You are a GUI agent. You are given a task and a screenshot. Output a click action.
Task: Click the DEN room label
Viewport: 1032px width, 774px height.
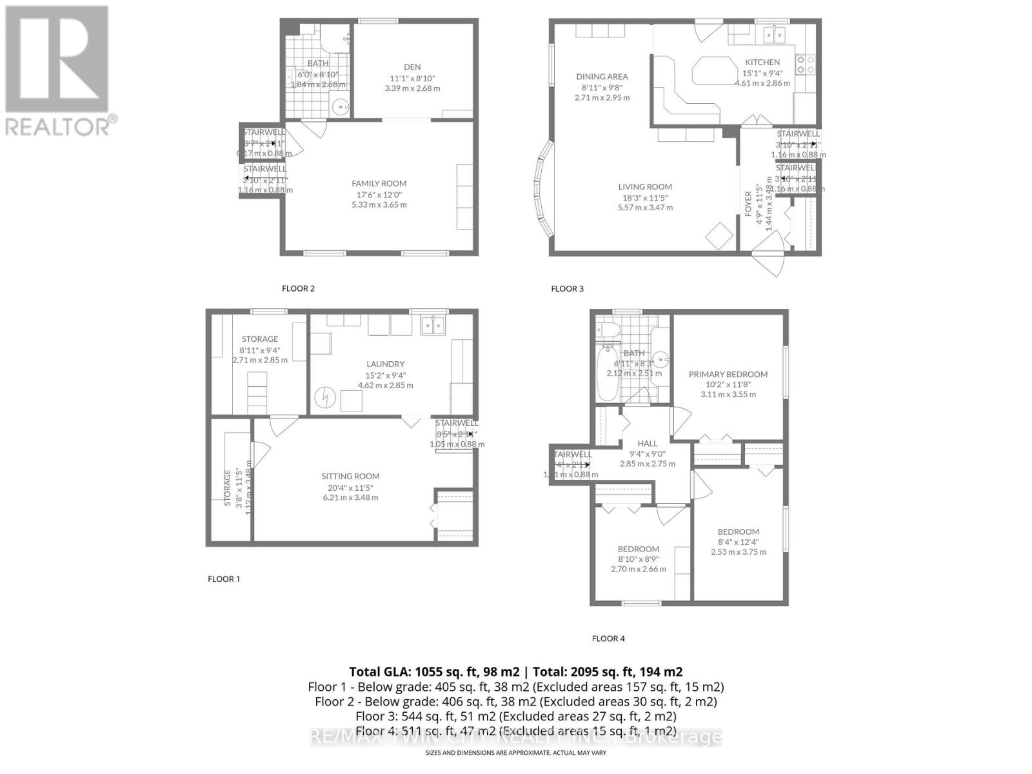coord(412,67)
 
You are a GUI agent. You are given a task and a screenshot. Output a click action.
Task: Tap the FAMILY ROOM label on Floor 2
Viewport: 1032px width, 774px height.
coord(379,184)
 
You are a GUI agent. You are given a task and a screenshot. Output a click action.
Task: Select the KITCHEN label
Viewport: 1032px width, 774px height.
coord(762,63)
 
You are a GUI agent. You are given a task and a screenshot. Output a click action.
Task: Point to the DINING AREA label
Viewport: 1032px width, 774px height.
coord(602,77)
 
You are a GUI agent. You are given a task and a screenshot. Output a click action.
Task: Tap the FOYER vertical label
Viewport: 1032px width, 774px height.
coord(748,204)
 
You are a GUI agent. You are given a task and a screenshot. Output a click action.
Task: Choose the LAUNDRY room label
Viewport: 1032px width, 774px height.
coord(386,364)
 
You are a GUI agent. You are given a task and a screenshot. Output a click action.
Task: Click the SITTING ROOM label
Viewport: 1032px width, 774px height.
coord(350,477)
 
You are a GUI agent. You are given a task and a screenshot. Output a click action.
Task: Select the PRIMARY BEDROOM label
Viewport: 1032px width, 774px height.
coord(728,374)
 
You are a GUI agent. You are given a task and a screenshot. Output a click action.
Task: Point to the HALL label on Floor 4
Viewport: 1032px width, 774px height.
coord(647,444)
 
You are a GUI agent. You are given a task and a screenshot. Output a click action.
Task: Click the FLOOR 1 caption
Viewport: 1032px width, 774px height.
coord(224,579)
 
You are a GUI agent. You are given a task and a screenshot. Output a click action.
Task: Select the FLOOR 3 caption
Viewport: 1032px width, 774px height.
coord(567,289)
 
